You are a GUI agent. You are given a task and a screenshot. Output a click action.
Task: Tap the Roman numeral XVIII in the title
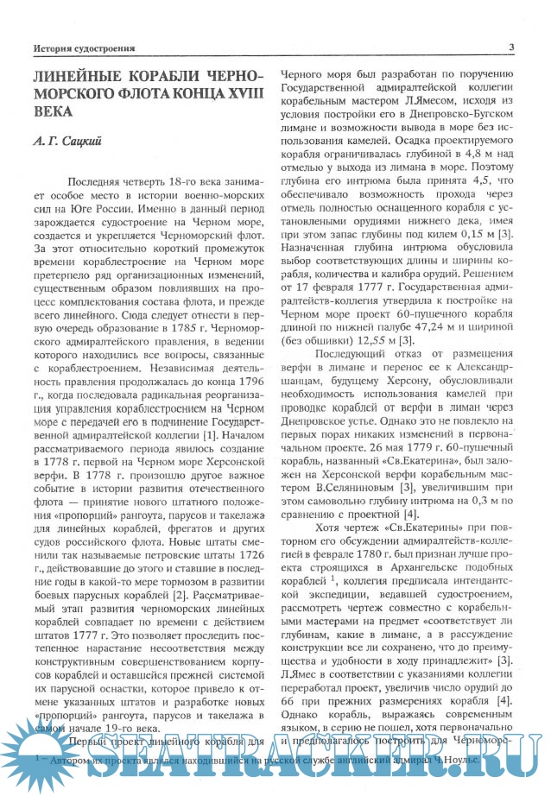pyautogui.click(x=238, y=93)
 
